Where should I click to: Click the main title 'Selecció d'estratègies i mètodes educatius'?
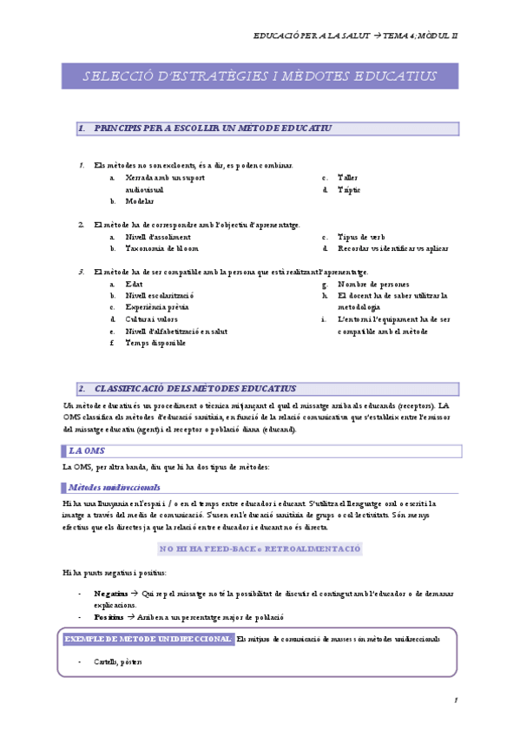[x=260, y=76]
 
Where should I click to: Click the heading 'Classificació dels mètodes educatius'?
[x=194, y=389]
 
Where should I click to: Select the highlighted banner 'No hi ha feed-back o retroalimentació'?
[x=260, y=549]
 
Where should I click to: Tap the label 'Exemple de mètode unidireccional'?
[x=148, y=639]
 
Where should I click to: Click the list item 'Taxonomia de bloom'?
[x=161, y=248]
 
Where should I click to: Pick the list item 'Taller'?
[x=347, y=178]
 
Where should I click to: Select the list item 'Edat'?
[x=135, y=284]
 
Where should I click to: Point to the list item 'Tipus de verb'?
[x=361, y=237]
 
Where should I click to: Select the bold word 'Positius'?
[x=109, y=616]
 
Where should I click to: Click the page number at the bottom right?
[x=456, y=700]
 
